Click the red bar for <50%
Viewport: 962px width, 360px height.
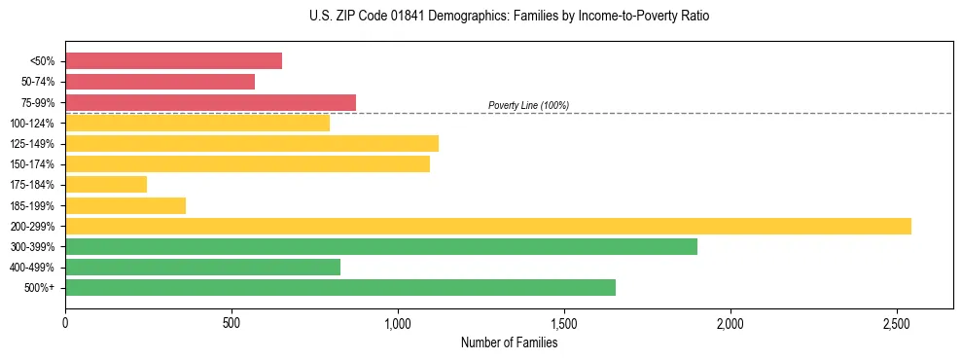point(173,61)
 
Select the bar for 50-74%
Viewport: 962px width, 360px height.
point(160,82)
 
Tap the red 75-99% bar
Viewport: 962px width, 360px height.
point(210,102)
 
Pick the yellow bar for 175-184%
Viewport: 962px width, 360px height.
point(106,185)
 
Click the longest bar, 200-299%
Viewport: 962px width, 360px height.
point(487,226)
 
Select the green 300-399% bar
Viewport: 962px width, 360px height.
point(380,246)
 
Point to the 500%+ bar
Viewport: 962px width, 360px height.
point(339,287)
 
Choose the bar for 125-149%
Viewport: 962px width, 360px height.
point(251,143)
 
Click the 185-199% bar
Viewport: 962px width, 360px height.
point(125,205)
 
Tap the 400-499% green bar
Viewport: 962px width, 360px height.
point(202,267)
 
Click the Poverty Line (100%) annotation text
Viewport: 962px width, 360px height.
point(528,105)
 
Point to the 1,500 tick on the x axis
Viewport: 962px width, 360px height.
point(564,323)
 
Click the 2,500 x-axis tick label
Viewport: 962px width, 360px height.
point(897,323)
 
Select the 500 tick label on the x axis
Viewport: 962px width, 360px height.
point(232,323)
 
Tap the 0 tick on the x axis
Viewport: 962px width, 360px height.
point(65,323)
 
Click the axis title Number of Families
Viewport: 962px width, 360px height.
point(509,342)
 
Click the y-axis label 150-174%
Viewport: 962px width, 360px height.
point(32,164)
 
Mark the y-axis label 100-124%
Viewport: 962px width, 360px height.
point(32,124)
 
